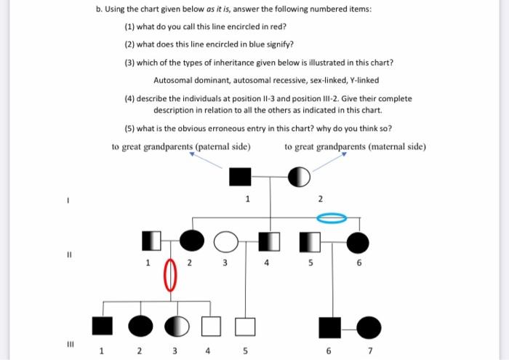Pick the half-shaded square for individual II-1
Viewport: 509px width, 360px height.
151,239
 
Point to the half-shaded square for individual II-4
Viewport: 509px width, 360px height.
270,239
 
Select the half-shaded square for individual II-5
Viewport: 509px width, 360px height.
310,239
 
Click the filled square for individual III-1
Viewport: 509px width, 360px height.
103,327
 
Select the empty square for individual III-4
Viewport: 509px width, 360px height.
211,327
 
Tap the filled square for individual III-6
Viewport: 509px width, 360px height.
331,327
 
